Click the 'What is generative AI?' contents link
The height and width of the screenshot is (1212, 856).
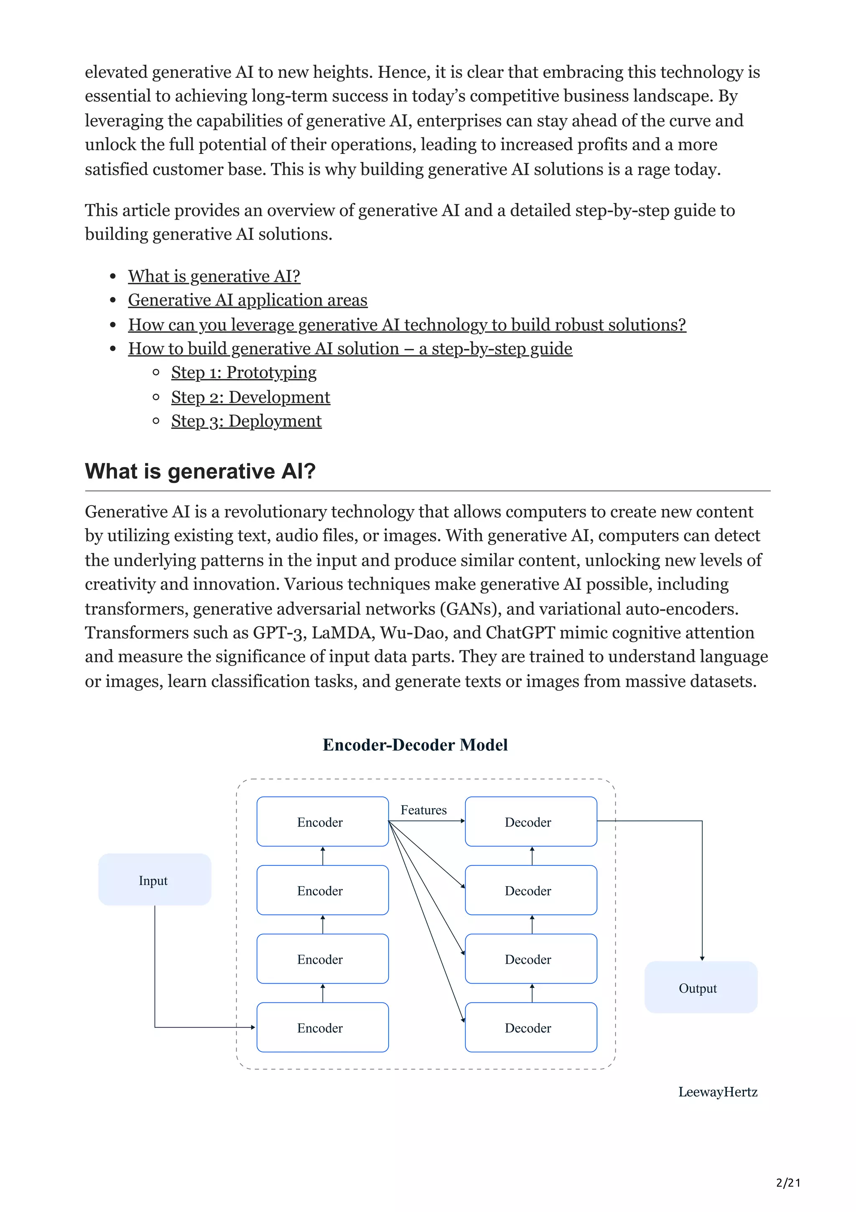pyautogui.click(x=214, y=276)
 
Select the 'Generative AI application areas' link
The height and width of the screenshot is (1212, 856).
pyautogui.click(x=247, y=300)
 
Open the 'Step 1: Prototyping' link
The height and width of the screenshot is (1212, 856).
pyautogui.click(x=244, y=373)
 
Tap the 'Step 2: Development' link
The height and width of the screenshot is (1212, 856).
pyautogui.click(x=250, y=397)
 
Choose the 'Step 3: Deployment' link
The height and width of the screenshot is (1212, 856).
pyautogui.click(x=246, y=421)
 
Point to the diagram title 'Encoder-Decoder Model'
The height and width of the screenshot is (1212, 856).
pyautogui.click(x=415, y=745)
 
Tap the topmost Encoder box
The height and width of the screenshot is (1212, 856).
pyautogui.click(x=322, y=822)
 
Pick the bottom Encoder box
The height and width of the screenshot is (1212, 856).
pyautogui.click(x=322, y=1028)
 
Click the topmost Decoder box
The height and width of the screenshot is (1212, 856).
pyautogui.click(x=530, y=822)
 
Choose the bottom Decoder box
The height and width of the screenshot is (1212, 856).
pyautogui.click(x=530, y=1028)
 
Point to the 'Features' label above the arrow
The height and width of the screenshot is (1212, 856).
pyautogui.click(x=423, y=810)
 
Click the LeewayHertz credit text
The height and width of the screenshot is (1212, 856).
pyautogui.click(x=717, y=1092)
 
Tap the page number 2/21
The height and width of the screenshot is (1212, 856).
pyautogui.click(x=788, y=1182)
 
